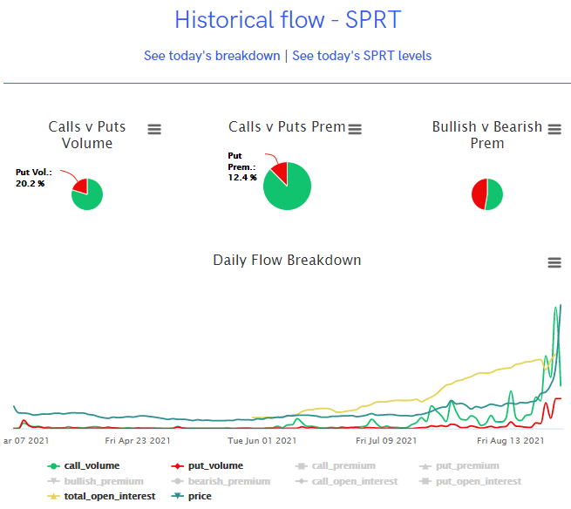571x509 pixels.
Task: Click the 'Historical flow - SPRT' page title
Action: (288, 20)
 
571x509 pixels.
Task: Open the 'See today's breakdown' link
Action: (212, 56)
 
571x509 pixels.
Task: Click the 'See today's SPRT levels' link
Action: (362, 56)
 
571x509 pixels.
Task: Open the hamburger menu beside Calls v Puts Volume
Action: (154, 129)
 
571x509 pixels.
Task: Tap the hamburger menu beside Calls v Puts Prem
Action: (355, 129)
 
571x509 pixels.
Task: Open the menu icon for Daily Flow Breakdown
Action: (554, 262)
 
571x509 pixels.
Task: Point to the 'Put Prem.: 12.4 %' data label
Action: (242, 166)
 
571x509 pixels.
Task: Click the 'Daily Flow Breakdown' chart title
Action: (287, 261)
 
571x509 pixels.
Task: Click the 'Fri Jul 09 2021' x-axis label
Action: (387, 441)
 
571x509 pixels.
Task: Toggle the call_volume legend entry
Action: (91, 466)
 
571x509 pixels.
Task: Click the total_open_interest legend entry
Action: (109, 496)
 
